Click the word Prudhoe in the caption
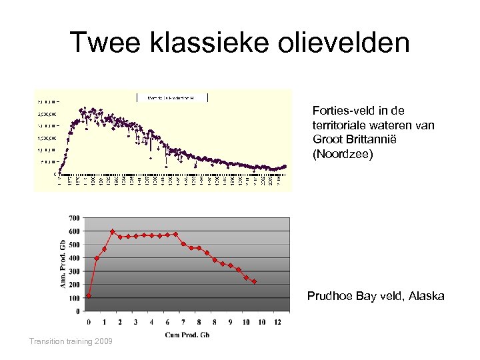click(330, 296)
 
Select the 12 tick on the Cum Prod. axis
click(277, 323)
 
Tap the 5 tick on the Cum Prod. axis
click(167, 323)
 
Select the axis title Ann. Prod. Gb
click(63, 264)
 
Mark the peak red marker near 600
click(112, 231)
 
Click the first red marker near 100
click(89, 296)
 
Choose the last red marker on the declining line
click(254, 282)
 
